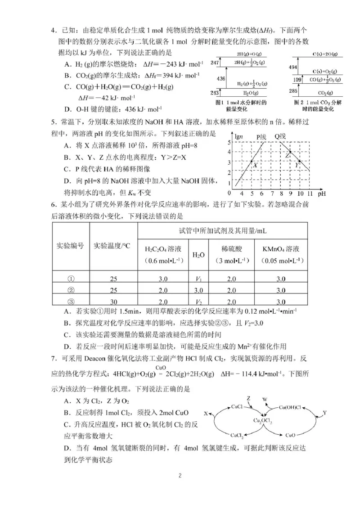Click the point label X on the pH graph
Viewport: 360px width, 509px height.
pos(254,165)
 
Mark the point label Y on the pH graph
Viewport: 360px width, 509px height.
pos(297,165)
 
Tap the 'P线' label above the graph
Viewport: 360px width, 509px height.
pos(262,137)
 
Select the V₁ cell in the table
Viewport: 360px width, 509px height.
pos(198,279)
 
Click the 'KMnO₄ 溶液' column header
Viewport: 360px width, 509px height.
pos(281,248)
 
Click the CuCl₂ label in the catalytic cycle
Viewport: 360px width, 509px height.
pos(237,435)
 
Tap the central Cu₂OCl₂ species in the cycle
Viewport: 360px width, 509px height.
pos(264,420)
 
